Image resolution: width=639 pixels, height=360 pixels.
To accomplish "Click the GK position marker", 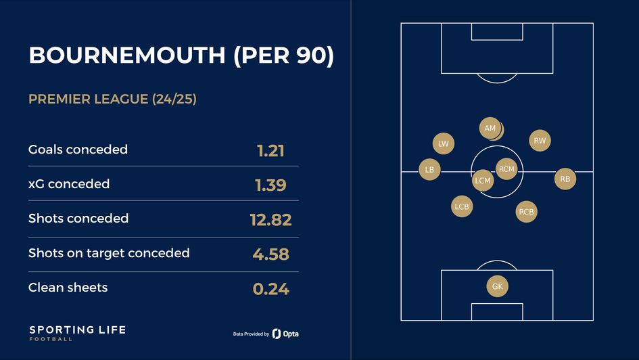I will coord(497,286).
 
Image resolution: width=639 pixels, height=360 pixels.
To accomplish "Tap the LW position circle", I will coord(443,143).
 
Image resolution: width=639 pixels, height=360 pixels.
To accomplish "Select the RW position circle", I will coord(540,141).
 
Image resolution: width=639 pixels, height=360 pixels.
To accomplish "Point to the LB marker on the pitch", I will coord(429,169).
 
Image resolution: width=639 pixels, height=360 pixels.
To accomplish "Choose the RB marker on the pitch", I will coord(565,179).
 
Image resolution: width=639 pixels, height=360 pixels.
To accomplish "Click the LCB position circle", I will coord(462,206).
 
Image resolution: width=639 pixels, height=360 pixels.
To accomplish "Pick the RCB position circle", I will coord(526,212).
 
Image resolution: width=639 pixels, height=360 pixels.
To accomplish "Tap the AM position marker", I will coord(491,129).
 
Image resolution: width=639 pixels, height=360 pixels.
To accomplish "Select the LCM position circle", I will coord(483,181).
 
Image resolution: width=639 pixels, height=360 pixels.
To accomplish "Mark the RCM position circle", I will coord(506,169).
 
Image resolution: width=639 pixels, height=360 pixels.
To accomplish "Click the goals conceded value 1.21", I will coord(270,150).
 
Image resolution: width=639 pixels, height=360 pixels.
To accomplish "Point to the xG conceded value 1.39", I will coord(270,185).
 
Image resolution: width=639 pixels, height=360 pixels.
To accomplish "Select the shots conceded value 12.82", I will coord(270,219).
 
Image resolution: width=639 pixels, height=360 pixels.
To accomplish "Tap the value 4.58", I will coord(270,254).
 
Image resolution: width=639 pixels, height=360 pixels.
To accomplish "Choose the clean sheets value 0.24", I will coord(270,289).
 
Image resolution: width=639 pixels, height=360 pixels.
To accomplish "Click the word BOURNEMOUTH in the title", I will coord(126,56).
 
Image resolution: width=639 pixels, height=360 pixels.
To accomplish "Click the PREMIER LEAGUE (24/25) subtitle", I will coord(112,99).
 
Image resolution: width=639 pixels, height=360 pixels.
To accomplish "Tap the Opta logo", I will coord(285,334).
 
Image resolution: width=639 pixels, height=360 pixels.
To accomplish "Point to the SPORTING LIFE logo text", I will coord(77,330).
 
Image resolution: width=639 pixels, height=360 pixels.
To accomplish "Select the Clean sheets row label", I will coord(68,288).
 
